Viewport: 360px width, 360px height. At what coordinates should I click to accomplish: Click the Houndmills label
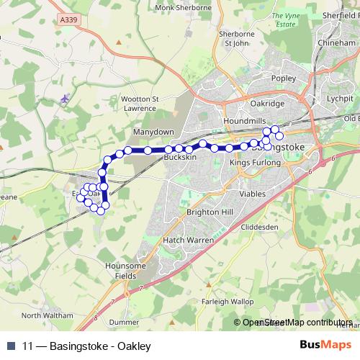(x=241, y=121)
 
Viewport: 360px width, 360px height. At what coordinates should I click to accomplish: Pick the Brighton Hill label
(x=210, y=213)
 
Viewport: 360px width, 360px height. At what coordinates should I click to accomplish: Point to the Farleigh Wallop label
(x=228, y=301)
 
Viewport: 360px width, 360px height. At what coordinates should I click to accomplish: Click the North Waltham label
(x=48, y=315)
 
